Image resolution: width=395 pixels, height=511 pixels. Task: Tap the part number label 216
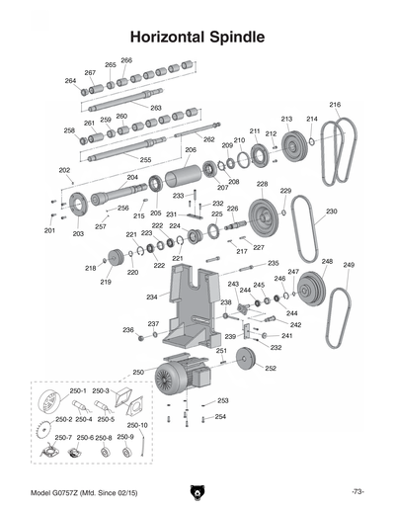click(x=335, y=105)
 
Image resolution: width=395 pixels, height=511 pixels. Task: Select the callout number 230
click(x=332, y=212)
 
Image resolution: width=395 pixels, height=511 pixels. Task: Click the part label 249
click(x=349, y=265)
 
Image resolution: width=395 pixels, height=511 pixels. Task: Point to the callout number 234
click(x=151, y=297)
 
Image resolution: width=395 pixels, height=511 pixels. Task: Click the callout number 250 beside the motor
click(x=138, y=373)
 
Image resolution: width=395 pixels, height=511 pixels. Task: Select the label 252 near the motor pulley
click(x=271, y=368)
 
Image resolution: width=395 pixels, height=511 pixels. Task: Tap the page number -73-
click(x=356, y=491)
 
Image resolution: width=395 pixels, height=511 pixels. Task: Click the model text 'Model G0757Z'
click(x=64, y=491)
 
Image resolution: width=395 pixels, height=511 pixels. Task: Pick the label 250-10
click(x=137, y=425)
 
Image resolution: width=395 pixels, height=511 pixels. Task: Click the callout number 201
click(x=49, y=230)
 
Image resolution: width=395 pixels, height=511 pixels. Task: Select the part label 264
click(x=70, y=81)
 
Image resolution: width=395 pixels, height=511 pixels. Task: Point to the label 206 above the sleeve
click(x=191, y=150)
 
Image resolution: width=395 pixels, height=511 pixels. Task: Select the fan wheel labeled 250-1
click(x=46, y=405)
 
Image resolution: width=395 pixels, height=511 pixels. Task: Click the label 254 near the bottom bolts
click(x=220, y=416)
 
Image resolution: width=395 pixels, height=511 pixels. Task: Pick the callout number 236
click(x=127, y=330)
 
